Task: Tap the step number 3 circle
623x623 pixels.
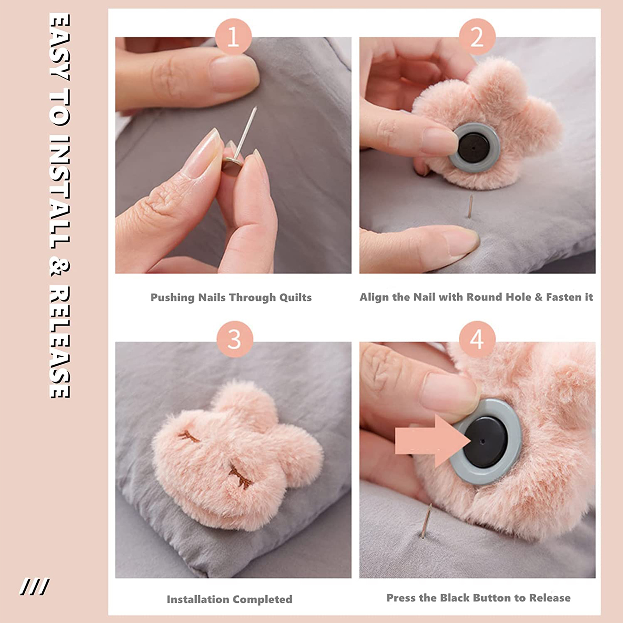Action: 234,339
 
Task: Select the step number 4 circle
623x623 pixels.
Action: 477,339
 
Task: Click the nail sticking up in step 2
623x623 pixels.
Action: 470,206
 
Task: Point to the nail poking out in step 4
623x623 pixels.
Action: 426,521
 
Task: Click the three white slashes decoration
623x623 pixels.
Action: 34,587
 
